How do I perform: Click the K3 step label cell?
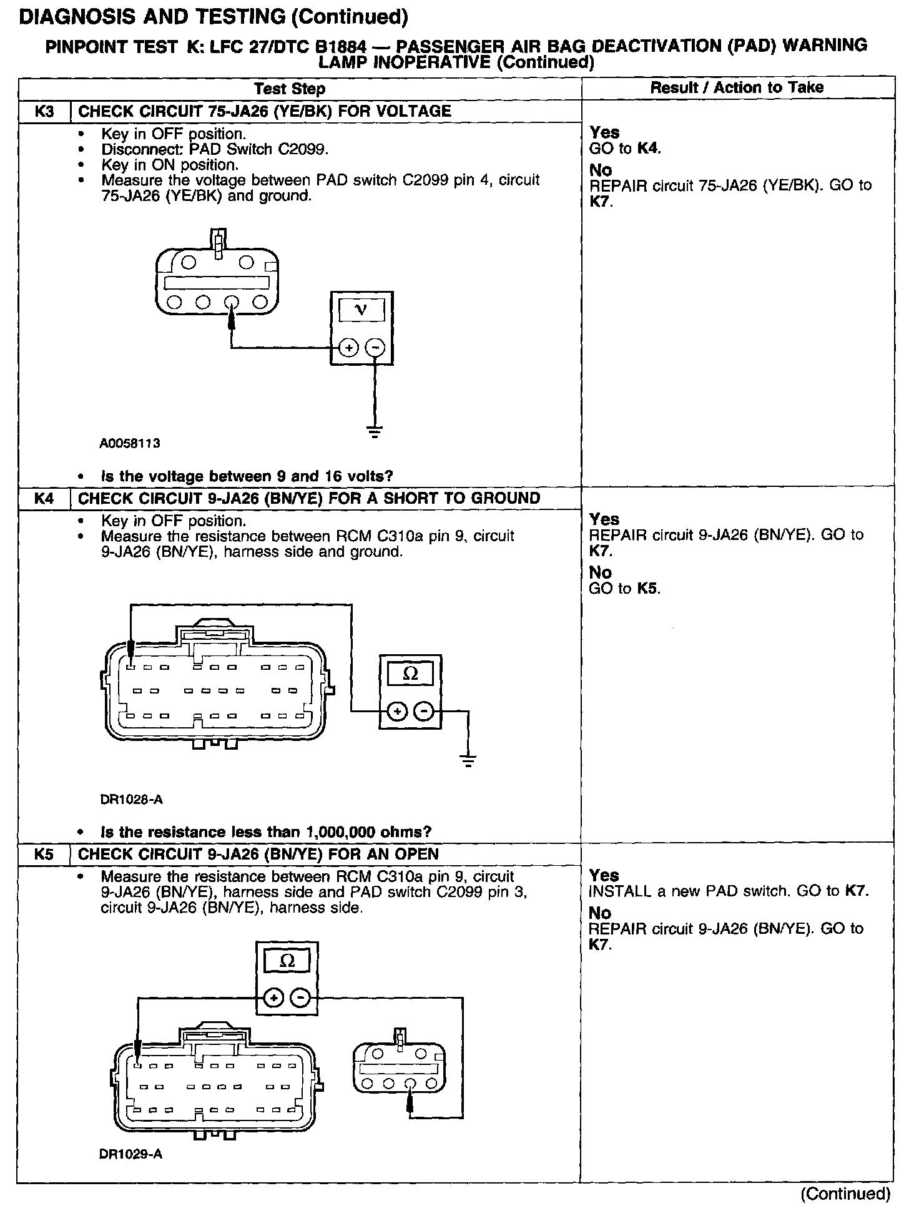point(44,112)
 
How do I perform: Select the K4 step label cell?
point(44,499)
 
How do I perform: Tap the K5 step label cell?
point(44,855)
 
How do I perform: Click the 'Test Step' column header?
point(290,89)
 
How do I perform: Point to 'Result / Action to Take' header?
point(737,87)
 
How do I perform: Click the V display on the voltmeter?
point(361,309)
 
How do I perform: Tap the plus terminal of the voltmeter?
point(348,348)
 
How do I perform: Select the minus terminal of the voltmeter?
point(375,348)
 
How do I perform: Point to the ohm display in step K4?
point(410,674)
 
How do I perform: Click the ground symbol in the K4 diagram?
point(468,760)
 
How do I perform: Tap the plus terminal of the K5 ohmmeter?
point(273,999)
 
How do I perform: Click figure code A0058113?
point(130,444)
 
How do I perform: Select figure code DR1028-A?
point(131,800)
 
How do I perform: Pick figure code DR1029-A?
point(131,1154)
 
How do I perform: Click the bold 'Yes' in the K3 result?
point(604,132)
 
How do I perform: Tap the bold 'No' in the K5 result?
point(601,913)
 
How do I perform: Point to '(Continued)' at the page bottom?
point(845,1194)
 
